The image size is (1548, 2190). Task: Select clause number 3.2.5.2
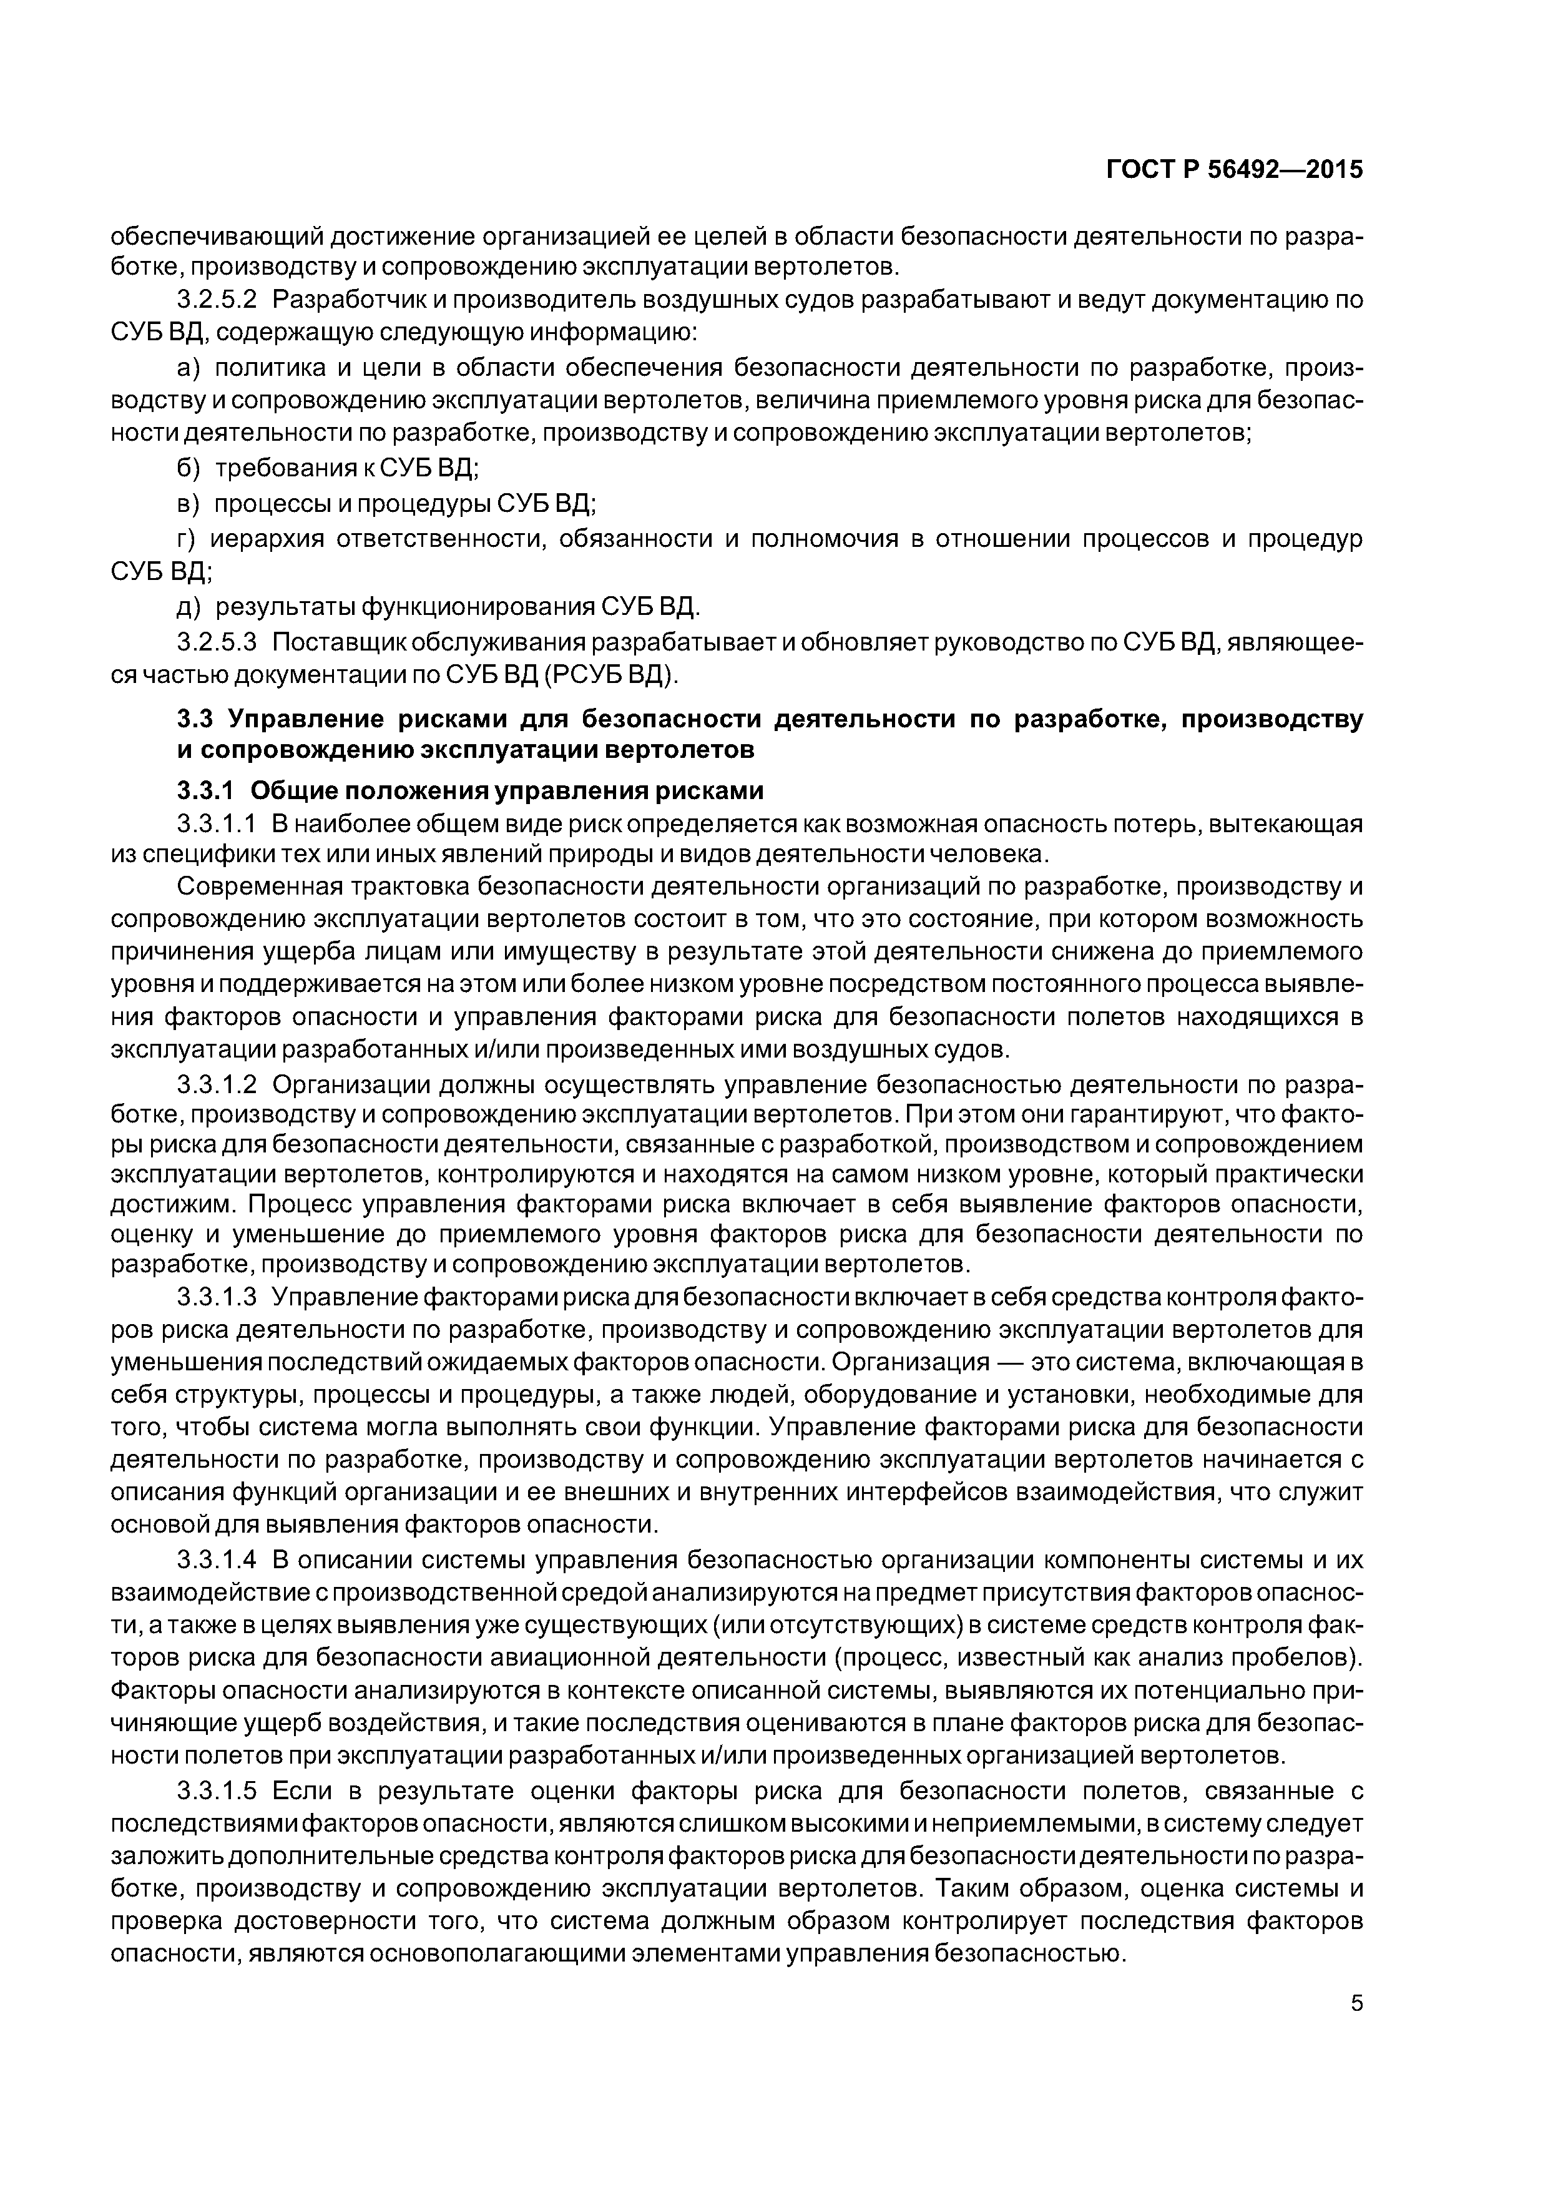click(x=217, y=300)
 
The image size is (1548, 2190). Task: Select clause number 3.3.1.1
click(x=217, y=823)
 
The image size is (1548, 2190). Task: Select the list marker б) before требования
click(x=189, y=468)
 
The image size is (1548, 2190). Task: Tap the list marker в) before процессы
click(x=189, y=503)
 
